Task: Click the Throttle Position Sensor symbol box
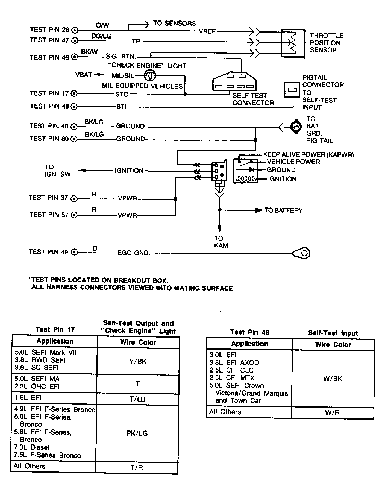[x=293, y=43]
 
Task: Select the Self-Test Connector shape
[x=235, y=81]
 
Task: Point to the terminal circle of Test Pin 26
[x=75, y=30]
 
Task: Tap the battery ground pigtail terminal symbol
[x=295, y=127]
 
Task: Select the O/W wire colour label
[x=102, y=25]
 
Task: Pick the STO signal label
[x=122, y=94]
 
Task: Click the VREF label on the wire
[x=207, y=31]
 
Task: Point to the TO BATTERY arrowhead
[x=258, y=210]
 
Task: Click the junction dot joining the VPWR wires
[x=175, y=199]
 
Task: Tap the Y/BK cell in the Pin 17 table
[x=138, y=361]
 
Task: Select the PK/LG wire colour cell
[x=137, y=433]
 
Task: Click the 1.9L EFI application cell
[x=54, y=398]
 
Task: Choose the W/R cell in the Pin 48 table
[x=333, y=413]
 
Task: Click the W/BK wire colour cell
[x=333, y=379]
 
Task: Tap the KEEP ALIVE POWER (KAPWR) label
[x=308, y=155]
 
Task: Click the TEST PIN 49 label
[x=49, y=252]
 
